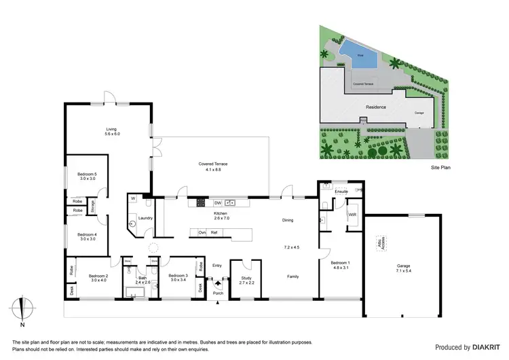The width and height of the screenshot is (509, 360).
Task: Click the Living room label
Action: pyautogui.click(x=112, y=129)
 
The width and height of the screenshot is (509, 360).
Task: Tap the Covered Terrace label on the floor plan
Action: pyautogui.click(x=213, y=164)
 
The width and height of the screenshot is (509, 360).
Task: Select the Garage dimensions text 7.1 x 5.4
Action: pyautogui.click(x=409, y=270)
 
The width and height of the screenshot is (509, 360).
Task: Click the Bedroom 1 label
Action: pyautogui.click(x=341, y=263)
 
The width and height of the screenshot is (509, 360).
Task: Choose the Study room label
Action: pyautogui.click(x=246, y=276)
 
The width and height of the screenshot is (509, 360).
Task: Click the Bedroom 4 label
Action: pyautogui.click(x=87, y=234)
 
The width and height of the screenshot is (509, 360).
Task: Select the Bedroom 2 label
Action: pyautogui.click(x=98, y=276)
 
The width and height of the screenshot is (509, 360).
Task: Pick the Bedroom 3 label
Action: pyautogui.click(x=178, y=276)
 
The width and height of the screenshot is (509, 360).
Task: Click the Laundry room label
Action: pyautogui.click(x=145, y=218)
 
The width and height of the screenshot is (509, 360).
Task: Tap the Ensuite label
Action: pyautogui.click(x=341, y=192)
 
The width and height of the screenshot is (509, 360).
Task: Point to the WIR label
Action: pyautogui.click(x=352, y=215)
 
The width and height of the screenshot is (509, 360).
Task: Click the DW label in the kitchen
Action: pyautogui.click(x=218, y=203)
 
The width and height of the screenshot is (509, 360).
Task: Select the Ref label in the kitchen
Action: pyautogui.click(x=214, y=232)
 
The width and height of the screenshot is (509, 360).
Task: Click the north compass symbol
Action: pyautogui.click(x=22, y=311)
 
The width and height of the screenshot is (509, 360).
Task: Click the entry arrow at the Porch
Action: pyautogui.click(x=218, y=285)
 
